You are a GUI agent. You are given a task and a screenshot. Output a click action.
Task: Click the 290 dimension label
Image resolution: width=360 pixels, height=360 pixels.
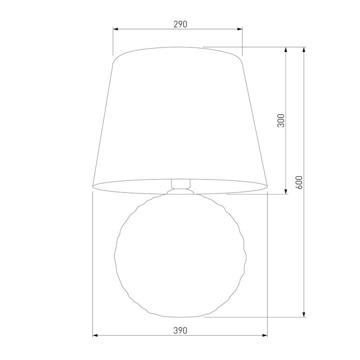point(180,24)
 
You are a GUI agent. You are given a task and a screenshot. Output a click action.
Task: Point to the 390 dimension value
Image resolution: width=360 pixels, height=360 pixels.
point(180,330)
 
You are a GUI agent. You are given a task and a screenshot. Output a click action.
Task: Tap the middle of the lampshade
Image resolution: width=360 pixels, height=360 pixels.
point(180,117)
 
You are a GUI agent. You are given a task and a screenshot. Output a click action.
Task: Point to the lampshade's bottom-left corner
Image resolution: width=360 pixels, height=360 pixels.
point(93,186)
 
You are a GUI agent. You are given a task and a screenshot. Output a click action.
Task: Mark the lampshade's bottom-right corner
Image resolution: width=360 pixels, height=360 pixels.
point(268,186)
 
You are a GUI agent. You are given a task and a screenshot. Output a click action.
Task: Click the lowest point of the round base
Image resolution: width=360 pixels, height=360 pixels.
point(180,317)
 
